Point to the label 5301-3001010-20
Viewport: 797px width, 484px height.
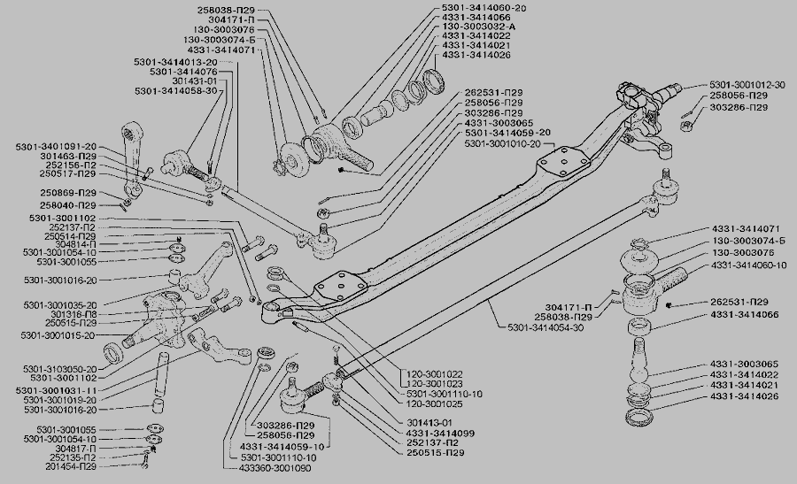click(x=503, y=143)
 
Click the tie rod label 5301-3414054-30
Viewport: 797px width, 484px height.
click(x=546, y=328)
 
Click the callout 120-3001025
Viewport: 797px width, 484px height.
click(x=434, y=403)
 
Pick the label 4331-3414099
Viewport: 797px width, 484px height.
click(x=434, y=433)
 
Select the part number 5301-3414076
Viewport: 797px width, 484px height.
click(x=183, y=72)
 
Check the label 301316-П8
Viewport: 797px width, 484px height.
click(x=74, y=314)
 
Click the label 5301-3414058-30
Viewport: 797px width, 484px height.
click(x=175, y=91)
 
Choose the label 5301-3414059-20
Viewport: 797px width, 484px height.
click(x=507, y=133)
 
